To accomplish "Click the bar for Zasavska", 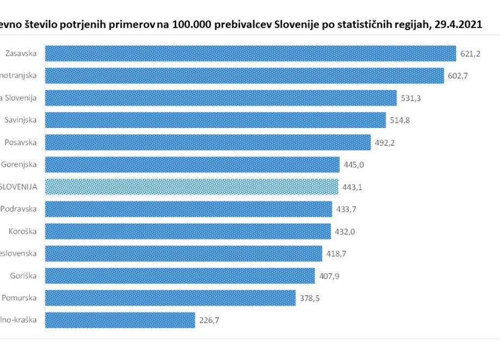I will (251, 53).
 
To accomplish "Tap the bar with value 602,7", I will (244, 76).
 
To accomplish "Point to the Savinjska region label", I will (20, 120).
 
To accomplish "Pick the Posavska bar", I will (208, 142).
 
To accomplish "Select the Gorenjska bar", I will (192, 164).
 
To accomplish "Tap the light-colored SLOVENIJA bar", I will (191, 186).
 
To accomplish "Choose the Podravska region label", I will (19, 208).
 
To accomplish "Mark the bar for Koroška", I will (188, 231).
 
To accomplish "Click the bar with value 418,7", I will (183, 253).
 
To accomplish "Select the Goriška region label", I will (23, 276).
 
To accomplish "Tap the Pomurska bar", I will (170, 298).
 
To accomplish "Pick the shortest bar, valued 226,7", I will (120, 320).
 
